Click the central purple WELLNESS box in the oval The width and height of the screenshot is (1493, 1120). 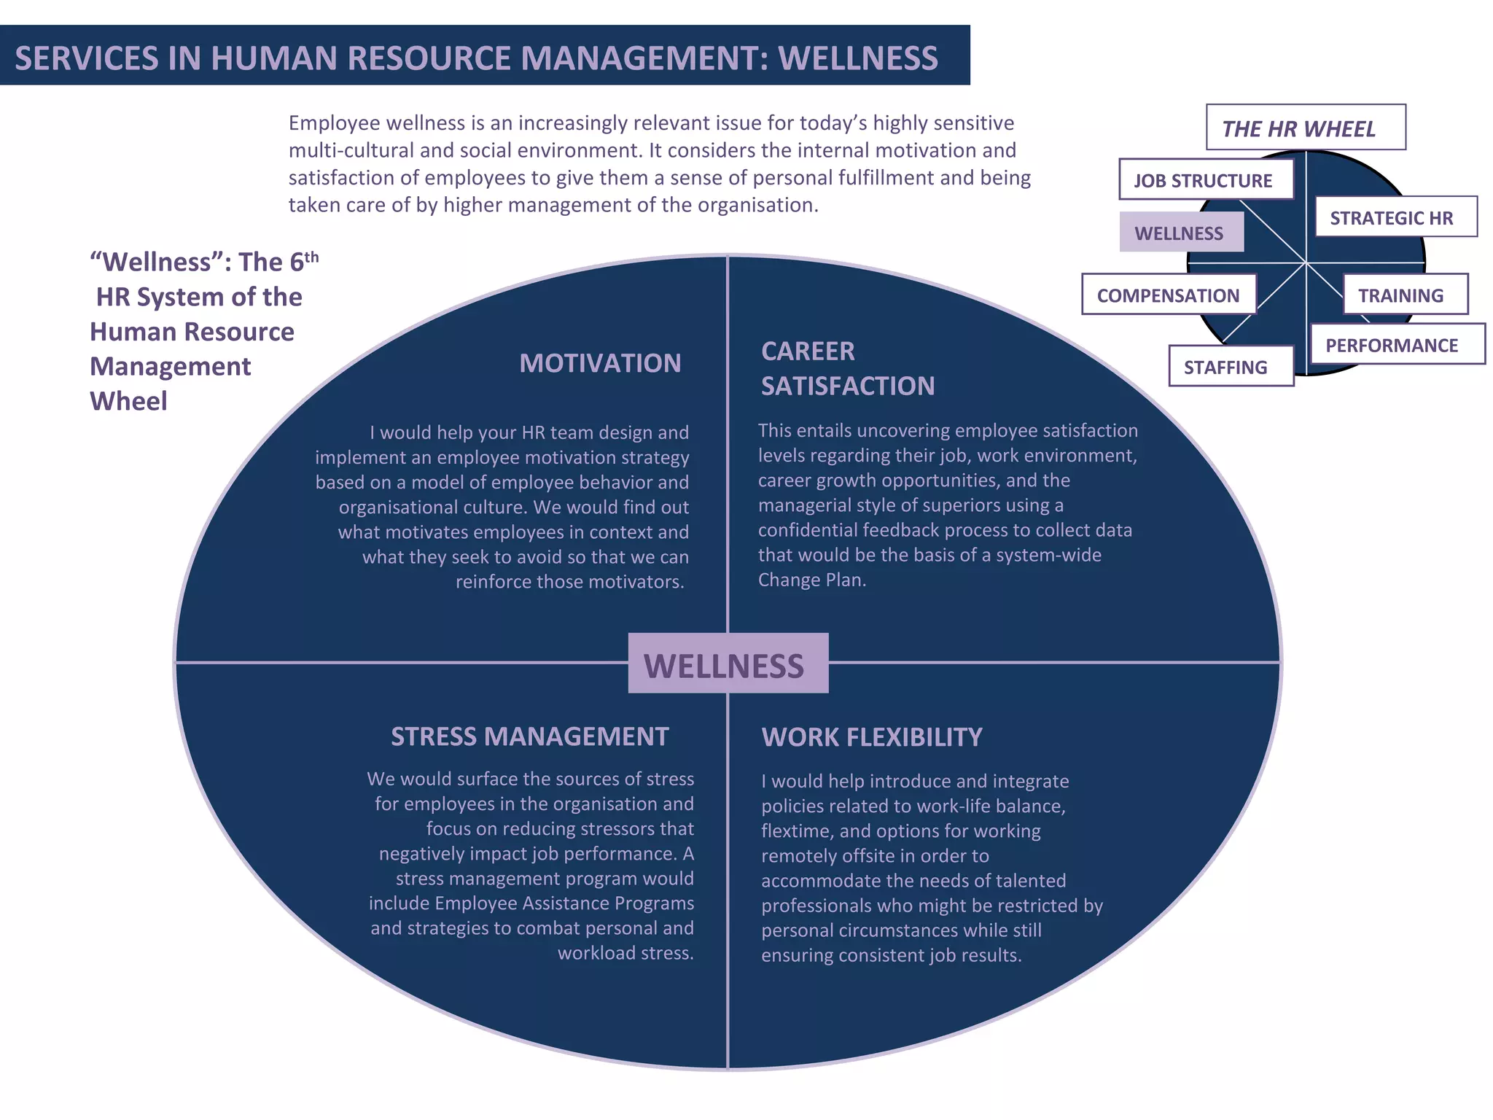click(x=728, y=664)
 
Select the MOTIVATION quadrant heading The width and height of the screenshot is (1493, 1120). click(x=600, y=363)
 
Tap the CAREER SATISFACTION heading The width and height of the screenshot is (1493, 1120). click(x=847, y=368)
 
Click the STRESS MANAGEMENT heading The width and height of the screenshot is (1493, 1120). click(x=529, y=736)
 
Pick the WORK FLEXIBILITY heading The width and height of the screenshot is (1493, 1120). click(x=872, y=737)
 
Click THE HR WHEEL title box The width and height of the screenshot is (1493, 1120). click(x=1305, y=128)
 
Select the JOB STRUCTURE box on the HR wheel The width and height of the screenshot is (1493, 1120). click(x=1206, y=180)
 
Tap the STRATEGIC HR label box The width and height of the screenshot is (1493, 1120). click(x=1395, y=217)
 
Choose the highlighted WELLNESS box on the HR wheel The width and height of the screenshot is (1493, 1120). click(x=1181, y=233)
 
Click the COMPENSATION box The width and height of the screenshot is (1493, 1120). click(x=1169, y=295)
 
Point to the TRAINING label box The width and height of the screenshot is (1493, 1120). click(x=1404, y=295)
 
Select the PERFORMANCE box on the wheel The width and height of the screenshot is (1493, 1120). click(x=1396, y=345)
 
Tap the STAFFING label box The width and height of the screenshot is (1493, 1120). click(x=1230, y=367)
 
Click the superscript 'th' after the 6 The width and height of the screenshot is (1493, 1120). click(x=312, y=257)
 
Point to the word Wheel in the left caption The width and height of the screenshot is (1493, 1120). click(x=128, y=401)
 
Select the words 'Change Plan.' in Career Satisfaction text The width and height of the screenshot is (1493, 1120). click(x=811, y=580)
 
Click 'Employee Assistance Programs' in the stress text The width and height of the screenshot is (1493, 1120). click(x=564, y=903)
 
